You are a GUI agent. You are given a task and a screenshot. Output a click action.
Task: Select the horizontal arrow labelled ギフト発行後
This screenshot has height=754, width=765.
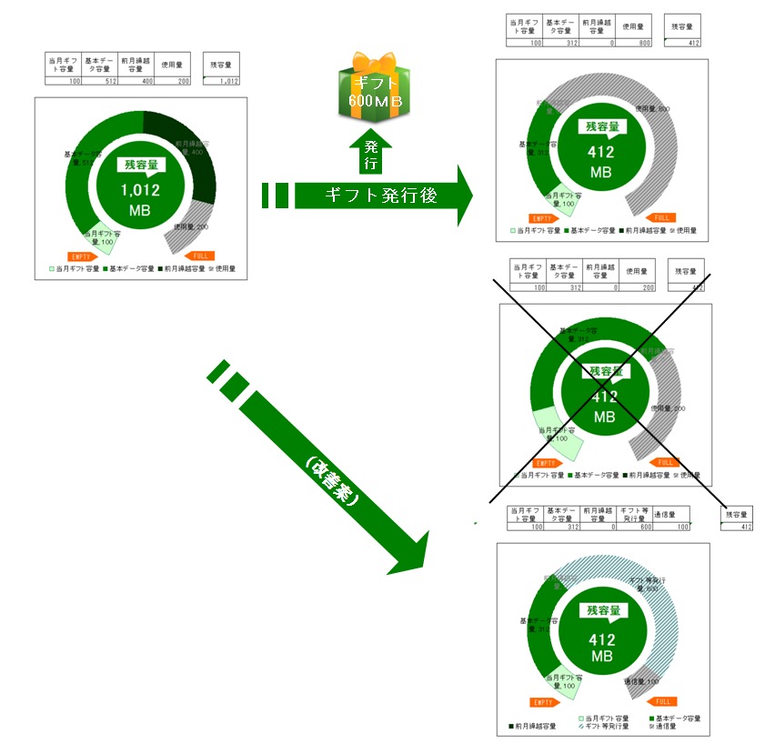pyautogui.click(x=382, y=195)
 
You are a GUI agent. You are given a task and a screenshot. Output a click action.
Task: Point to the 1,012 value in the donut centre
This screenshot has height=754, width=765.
pyautogui.click(x=142, y=190)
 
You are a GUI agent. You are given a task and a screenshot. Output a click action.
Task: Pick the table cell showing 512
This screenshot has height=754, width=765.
pyautogui.click(x=99, y=80)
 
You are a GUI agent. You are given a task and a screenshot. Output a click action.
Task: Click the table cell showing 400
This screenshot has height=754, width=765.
pyautogui.click(x=136, y=80)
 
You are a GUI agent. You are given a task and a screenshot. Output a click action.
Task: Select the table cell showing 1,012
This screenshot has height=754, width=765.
pyautogui.click(x=222, y=80)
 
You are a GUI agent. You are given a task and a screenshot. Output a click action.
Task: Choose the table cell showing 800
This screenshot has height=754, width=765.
pyautogui.click(x=633, y=43)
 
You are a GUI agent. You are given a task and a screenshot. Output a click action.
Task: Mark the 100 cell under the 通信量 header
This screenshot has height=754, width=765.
pyautogui.click(x=671, y=527)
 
